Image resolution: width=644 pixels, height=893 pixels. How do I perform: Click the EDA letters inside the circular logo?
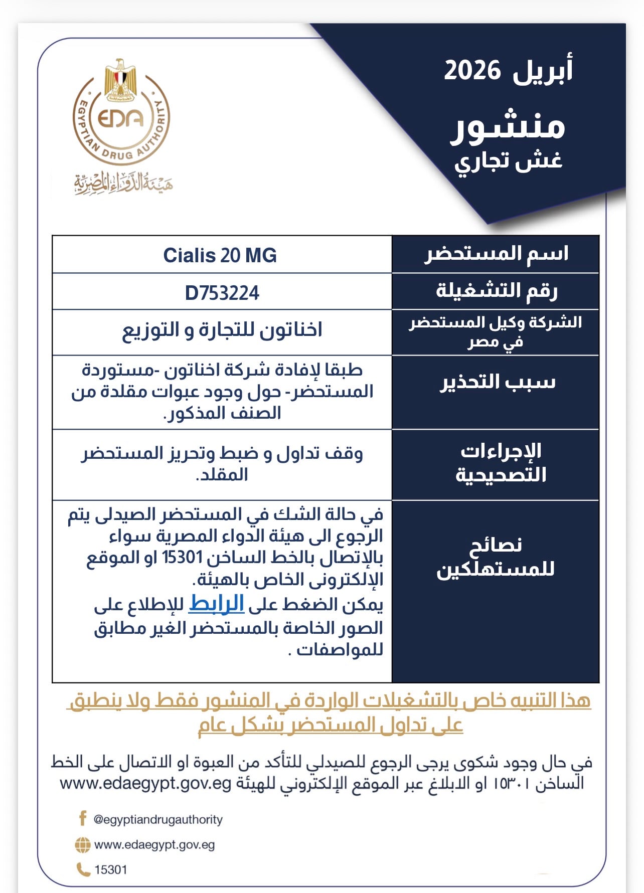(x=120, y=118)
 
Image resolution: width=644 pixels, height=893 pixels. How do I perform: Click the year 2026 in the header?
(x=472, y=70)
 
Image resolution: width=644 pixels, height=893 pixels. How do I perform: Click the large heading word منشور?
(x=508, y=125)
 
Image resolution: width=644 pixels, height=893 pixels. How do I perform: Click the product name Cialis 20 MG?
(x=220, y=255)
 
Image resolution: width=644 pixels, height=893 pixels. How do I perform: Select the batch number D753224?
(x=222, y=293)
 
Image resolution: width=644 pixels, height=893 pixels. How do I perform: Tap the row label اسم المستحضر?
(x=497, y=254)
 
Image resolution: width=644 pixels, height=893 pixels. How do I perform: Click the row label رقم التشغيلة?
(x=497, y=291)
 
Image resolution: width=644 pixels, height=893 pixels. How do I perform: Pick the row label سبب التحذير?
(x=498, y=382)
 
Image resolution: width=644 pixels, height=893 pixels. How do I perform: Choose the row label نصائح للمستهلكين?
(x=496, y=557)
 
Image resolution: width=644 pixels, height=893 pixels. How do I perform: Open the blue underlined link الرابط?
(x=216, y=604)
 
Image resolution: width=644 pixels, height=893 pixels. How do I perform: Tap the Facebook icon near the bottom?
(x=83, y=819)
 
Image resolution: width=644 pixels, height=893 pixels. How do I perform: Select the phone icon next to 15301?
(x=83, y=869)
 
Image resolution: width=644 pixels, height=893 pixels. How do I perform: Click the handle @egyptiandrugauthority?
(x=158, y=820)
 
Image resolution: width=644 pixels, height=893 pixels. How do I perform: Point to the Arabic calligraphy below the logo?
(x=123, y=184)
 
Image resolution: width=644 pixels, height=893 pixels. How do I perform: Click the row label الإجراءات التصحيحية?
(x=501, y=463)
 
